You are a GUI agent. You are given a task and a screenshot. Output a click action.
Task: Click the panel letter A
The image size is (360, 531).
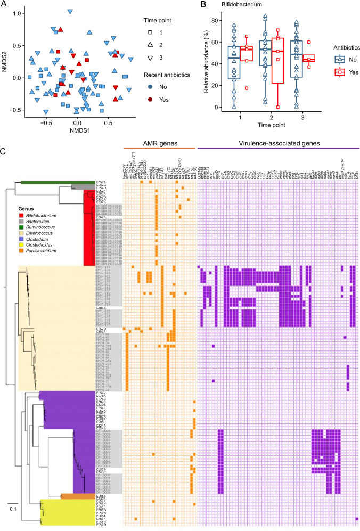point(4,4)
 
